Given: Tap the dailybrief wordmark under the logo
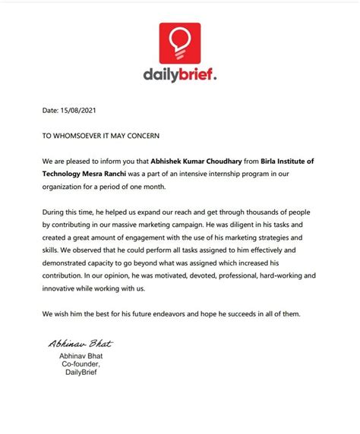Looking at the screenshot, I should tap(180, 75).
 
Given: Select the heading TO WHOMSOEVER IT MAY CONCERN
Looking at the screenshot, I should tap(101, 136).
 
